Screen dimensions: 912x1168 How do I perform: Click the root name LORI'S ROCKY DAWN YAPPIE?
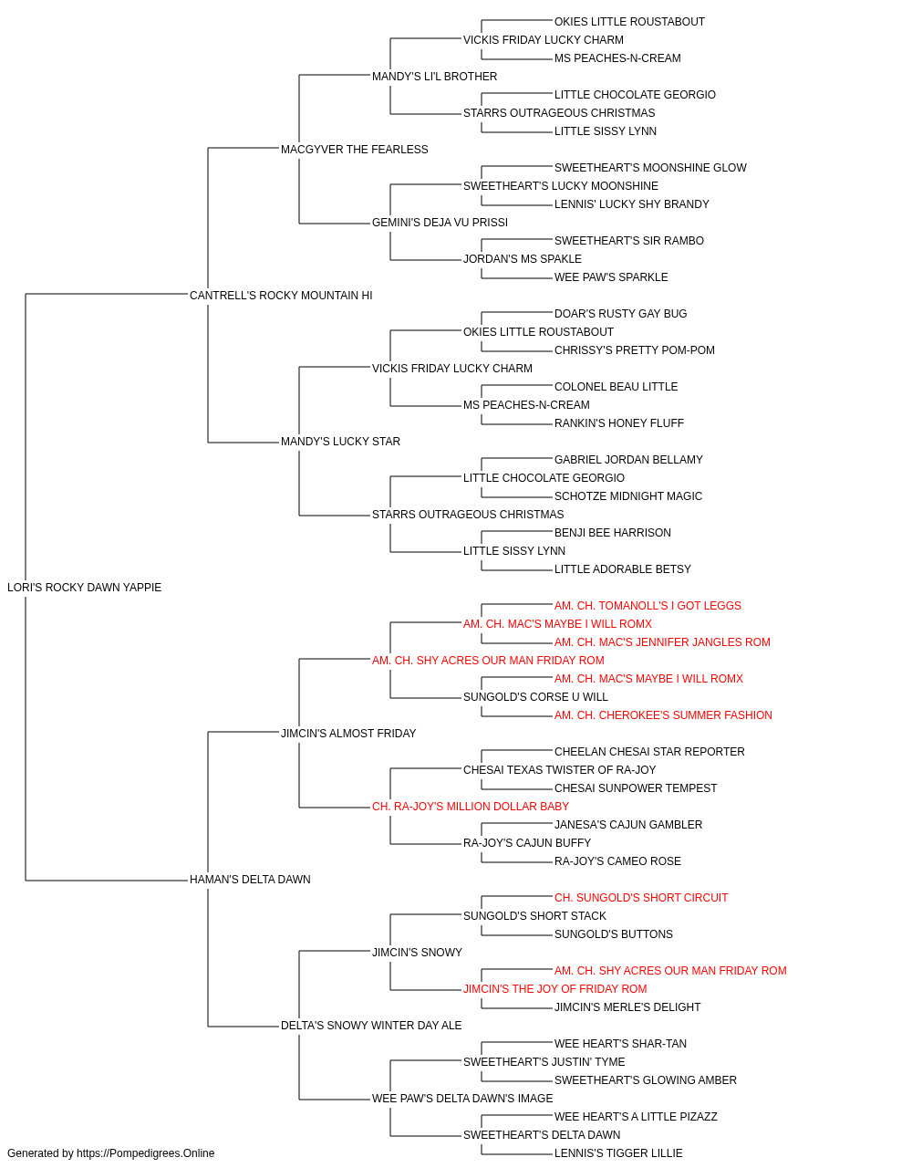[x=84, y=588]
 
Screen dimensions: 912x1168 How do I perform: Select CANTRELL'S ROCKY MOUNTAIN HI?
[x=281, y=296]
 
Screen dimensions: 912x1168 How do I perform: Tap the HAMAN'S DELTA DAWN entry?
[x=250, y=880]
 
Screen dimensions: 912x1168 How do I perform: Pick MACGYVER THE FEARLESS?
[x=355, y=150]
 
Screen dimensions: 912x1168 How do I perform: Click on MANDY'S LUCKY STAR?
[x=340, y=442]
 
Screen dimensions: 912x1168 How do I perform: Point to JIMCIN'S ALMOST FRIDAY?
[x=348, y=733]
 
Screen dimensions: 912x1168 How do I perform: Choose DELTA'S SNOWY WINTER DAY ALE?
[x=371, y=1025]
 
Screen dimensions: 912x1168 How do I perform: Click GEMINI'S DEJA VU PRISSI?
[x=440, y=223]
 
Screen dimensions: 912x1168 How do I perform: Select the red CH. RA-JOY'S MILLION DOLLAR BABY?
[x=471, y=807]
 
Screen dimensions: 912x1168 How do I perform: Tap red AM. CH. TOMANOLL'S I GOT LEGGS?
[x=648, y=606]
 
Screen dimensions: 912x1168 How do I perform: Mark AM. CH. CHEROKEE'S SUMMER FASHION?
[x=663, y=714]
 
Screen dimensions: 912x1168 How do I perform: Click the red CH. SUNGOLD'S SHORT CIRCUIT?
[x=641, y=898]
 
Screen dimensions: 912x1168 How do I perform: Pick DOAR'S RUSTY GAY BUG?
[x=621, y=314]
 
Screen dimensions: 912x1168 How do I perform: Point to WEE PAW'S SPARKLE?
[x=611, y=277]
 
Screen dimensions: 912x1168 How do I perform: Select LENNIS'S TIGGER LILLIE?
[x=618, y=1153]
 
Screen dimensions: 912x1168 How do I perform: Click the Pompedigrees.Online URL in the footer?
[x=146, y=1153]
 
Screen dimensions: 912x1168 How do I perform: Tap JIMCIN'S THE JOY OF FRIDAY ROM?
[x=555, y=988]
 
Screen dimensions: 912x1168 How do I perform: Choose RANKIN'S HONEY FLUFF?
[x=619, y=423]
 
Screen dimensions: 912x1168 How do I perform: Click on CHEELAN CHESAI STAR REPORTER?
[x=650, y=751]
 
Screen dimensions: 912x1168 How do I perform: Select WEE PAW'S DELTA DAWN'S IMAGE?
[x=462, y=1098]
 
